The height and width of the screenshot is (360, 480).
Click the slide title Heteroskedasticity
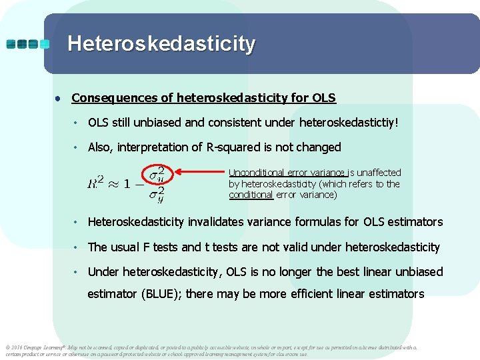point(161,44)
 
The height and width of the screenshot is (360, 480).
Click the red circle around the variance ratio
point(157,184)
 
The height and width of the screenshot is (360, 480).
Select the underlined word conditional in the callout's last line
point(251,195)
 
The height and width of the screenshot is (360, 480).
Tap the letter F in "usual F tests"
point(144,247)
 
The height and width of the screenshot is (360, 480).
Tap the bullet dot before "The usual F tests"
point(77,247)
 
